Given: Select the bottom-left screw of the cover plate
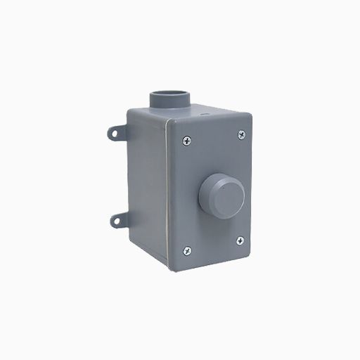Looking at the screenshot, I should coord(186,249).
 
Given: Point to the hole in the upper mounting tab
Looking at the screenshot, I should coord(113,132).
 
